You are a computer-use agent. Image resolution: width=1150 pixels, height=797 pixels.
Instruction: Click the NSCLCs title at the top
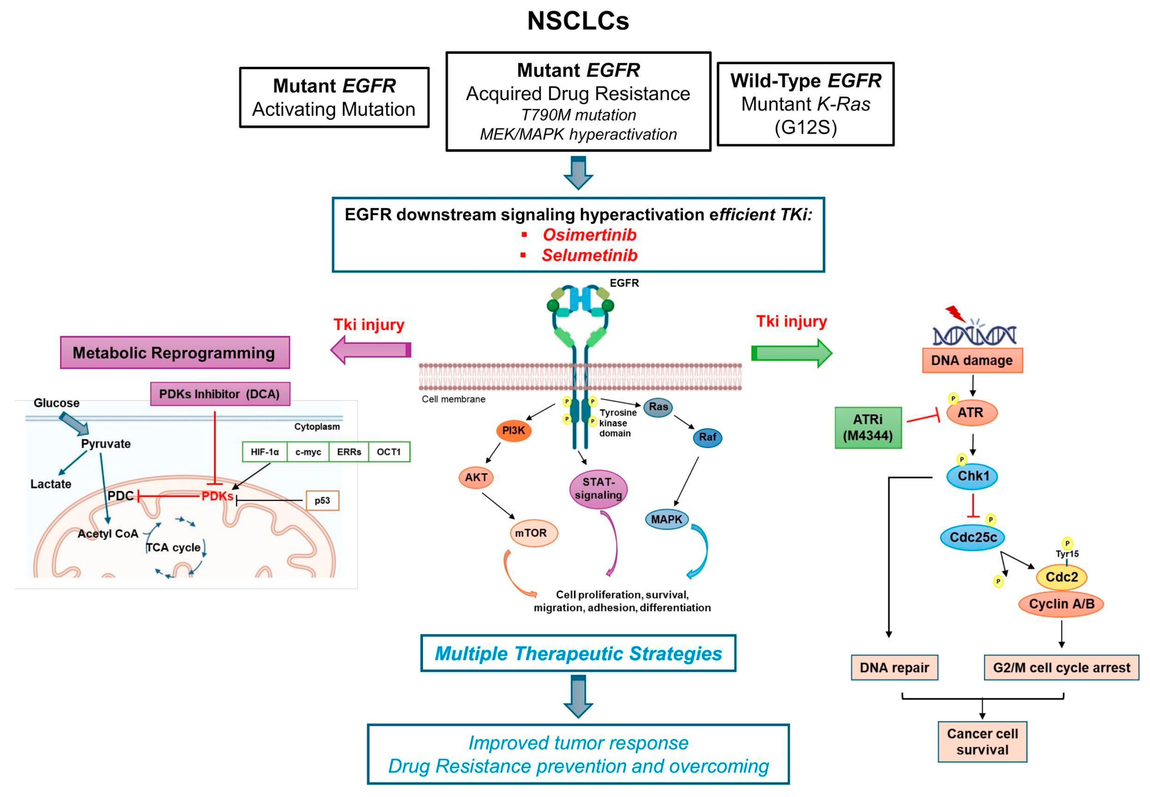578,21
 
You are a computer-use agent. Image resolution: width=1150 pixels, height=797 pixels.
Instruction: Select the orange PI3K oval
513,430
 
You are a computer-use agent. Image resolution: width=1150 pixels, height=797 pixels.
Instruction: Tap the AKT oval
476,477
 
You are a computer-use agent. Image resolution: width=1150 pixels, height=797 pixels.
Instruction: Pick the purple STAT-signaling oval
598,489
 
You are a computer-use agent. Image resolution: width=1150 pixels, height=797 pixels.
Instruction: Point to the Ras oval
658,407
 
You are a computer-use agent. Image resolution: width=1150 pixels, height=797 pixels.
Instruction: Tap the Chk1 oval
972,476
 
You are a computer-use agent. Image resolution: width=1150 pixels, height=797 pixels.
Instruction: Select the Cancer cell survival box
982,742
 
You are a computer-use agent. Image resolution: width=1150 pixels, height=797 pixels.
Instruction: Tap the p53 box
322,500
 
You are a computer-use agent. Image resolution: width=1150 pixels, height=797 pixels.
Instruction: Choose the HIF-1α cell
265,452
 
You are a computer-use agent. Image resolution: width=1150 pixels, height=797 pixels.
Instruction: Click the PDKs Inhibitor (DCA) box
220,394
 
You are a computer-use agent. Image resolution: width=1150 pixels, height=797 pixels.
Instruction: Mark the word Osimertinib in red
589,235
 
